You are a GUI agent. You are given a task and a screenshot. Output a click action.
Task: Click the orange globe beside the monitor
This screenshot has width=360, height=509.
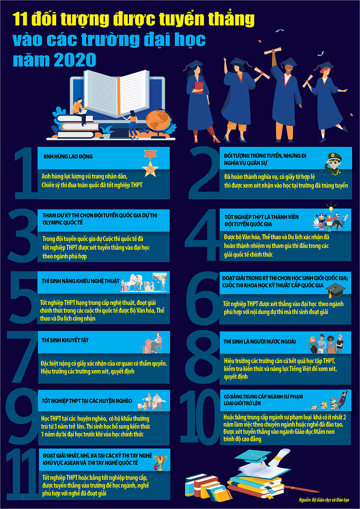point(158,121)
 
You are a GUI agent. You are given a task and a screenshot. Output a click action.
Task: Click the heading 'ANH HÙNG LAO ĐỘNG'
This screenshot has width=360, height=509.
point(68,156)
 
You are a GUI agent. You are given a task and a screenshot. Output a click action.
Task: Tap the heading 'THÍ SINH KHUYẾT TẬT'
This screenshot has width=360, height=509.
point(65,340)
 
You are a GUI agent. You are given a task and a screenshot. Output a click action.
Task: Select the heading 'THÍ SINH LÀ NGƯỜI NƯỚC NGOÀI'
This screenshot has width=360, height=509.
point(260,342)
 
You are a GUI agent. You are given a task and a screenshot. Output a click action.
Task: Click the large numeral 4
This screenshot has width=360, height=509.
point(201,235)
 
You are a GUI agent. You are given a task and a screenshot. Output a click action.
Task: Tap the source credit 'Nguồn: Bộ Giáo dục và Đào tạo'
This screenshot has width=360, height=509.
point(324,500)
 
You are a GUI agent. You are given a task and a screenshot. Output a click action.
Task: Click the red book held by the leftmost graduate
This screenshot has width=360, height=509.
point(199,88)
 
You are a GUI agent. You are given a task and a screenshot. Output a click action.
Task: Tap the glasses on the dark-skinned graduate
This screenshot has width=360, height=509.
point(288,68)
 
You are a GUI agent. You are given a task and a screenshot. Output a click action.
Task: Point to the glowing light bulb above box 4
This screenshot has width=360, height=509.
point(331,208)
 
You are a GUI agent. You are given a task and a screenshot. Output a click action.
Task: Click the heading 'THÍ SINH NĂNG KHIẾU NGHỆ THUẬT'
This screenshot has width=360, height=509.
point(80,281)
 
